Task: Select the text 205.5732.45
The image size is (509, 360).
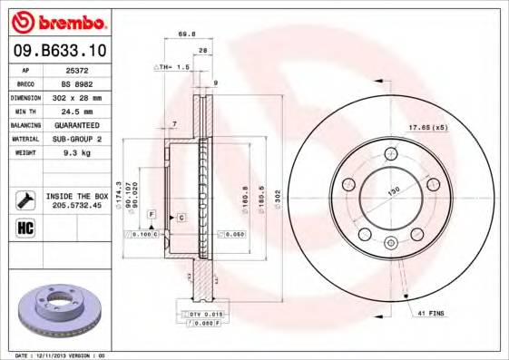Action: tap(77, 204)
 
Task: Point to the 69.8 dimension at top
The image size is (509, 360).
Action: tap(187, 34)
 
